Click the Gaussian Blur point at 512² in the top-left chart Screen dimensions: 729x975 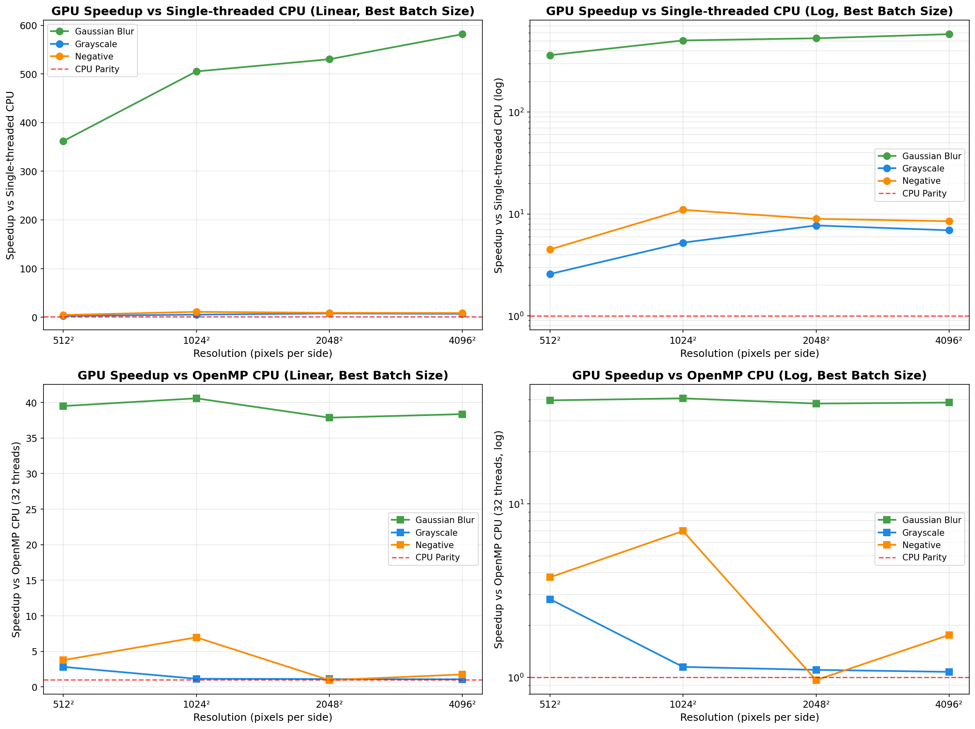pos(64,141)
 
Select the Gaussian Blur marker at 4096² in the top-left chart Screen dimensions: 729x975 pos(462,34)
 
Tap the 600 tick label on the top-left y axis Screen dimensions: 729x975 pos(28,25)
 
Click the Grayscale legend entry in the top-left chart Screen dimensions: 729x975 pos(96,44)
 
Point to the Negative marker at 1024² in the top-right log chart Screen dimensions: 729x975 pos(683,210)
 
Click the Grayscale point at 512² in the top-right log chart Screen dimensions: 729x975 pos(550,274)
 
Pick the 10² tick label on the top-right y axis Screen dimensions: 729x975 pos(516,112)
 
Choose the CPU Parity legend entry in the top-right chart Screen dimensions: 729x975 pos(924,194)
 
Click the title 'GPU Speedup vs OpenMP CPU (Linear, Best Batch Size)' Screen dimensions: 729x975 pos(263,375)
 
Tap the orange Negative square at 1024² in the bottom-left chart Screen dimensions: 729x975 pos(196,638)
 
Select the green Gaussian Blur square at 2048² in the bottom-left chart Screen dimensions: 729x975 pos(329,417)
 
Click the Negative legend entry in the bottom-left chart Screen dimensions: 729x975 pos(434,545)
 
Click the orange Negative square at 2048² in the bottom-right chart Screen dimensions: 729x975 pos(816,680)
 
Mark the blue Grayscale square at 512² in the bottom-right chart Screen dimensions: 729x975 pos(550,599)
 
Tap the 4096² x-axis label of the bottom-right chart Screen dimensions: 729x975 pos(949,704)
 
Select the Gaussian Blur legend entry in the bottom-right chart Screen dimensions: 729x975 pos(932,520)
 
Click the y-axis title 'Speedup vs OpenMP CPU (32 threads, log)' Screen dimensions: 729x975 pos(498,539)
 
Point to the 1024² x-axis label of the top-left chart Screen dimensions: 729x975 pos(196,340)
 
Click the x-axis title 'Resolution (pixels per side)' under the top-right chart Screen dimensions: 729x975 pos(749,354)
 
